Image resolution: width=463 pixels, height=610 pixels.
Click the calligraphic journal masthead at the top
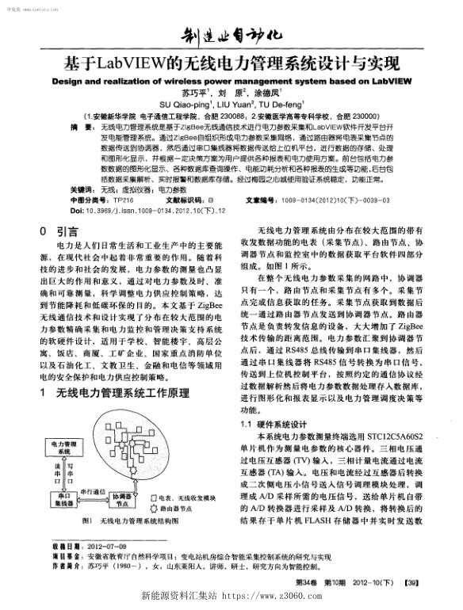[230, 36]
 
